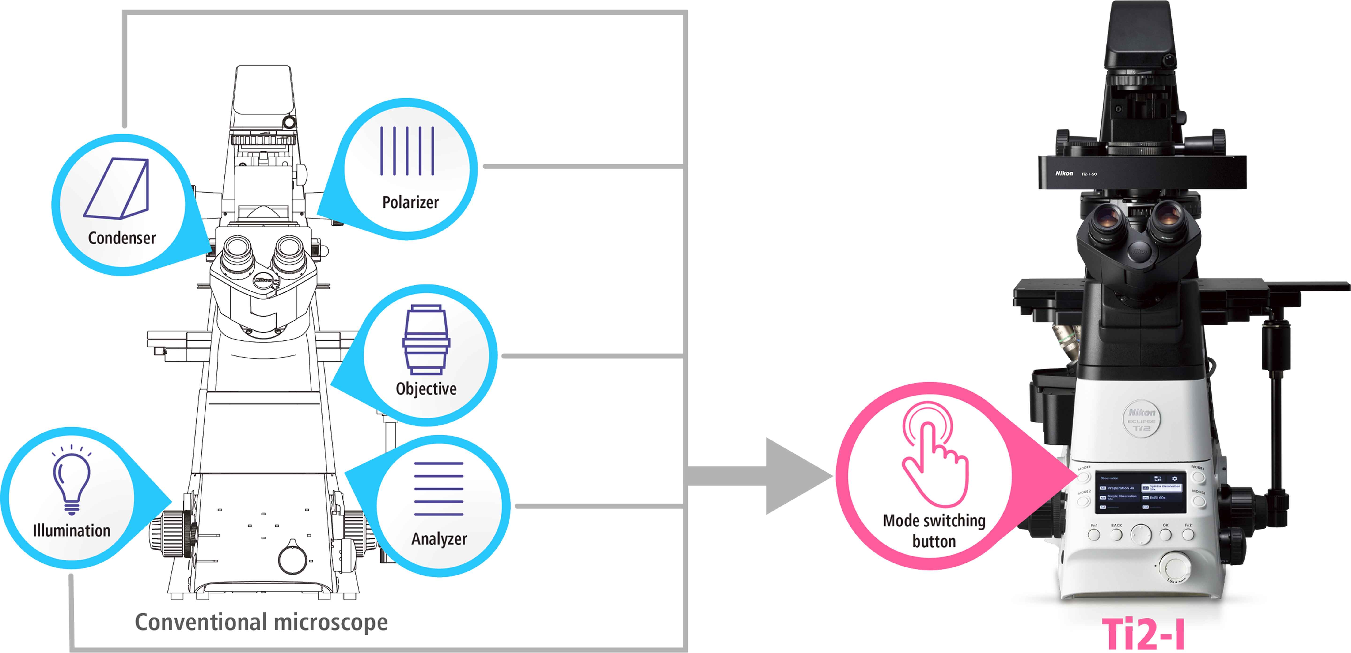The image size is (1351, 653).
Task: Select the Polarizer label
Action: (x=410, y=202)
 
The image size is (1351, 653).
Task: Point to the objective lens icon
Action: (x=426, y=340)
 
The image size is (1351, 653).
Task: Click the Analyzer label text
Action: (x=439, y=539)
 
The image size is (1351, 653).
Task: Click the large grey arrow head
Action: (x=797, y=476)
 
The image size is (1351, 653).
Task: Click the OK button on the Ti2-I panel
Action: (x=1165, y=534)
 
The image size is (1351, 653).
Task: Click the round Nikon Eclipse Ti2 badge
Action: (x=1141, y=419)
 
